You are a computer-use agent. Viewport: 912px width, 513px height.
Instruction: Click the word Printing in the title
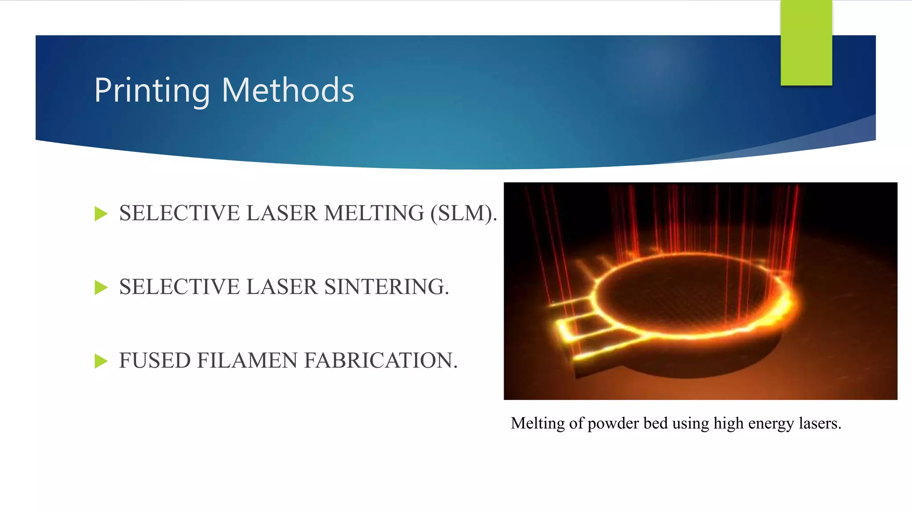tap(152, 90)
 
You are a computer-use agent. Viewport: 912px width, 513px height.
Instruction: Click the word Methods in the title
tap(288, 90)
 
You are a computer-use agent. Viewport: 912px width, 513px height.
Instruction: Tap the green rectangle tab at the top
tap(806, 43)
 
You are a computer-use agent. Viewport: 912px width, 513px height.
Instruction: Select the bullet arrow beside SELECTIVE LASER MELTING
tap(101, 214)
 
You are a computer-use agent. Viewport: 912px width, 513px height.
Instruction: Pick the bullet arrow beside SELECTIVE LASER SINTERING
tap(101, 288)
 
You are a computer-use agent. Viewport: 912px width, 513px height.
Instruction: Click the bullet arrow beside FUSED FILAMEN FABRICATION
tap(101, 361)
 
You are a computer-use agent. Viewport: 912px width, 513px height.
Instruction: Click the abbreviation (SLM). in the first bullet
tap(464, 213)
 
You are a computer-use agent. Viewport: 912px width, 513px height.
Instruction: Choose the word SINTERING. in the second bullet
tap(387, 287)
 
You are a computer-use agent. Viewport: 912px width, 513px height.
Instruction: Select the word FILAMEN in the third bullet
tap(247, 361)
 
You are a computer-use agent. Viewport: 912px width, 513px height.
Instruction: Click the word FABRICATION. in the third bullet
tap(381, 361)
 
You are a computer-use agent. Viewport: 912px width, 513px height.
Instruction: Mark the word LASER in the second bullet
tap(282, 287)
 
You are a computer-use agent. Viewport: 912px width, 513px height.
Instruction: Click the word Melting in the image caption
tap(537, 423)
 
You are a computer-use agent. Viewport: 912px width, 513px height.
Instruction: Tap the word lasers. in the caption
tap(820, 423)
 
